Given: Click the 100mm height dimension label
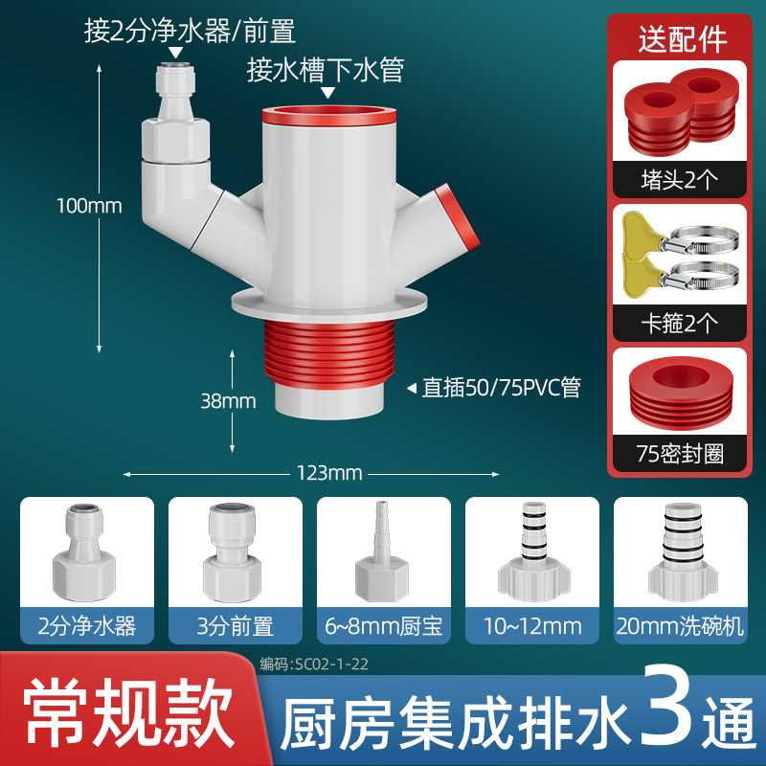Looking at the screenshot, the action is point(89,206).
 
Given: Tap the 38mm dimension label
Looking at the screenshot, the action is point(228,401).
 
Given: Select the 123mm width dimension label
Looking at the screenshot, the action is point(329,473).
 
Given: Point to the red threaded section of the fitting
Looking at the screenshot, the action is point(328,353).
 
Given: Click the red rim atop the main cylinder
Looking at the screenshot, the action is point(328,115).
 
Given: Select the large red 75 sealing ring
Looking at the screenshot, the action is point(681,393).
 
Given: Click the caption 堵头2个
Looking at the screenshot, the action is point(680,180).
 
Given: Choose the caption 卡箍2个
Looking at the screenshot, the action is point(680,323).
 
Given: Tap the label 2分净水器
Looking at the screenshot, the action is point(87,626).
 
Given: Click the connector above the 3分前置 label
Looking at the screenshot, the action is point(233,552).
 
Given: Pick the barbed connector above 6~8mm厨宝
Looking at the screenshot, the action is point(381,552).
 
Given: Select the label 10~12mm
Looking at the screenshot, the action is point(532,626).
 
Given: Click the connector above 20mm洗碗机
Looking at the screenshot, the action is point(683,552).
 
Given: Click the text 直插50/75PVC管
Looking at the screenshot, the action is point(501,388).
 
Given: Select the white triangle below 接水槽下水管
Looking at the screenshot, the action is point(327,92).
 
